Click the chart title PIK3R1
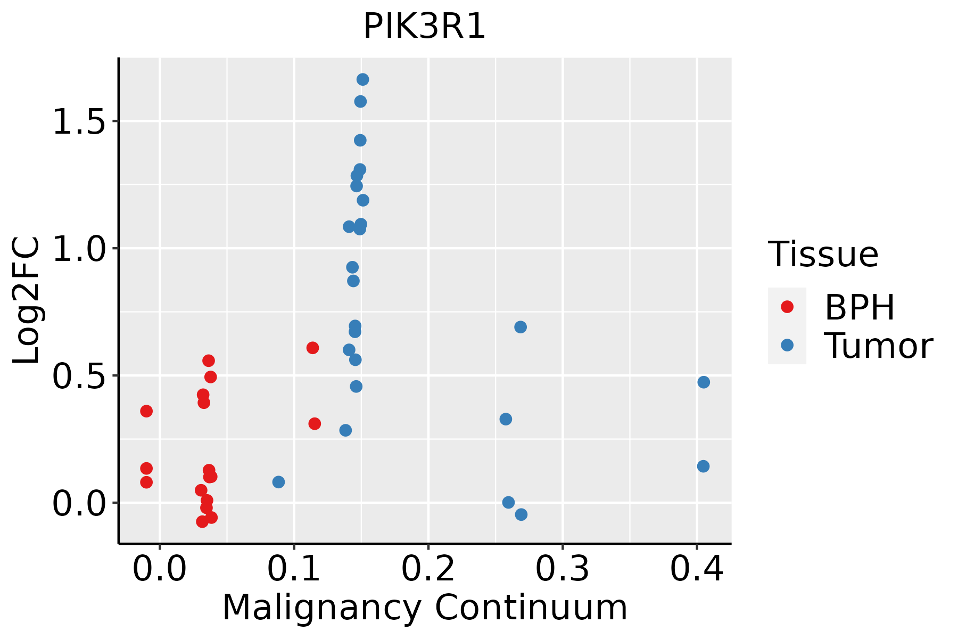424,27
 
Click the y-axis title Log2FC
27,301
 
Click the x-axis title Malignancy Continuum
424,608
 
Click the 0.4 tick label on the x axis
696,569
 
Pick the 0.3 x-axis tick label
562,569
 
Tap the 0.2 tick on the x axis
428,569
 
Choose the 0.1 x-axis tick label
294,569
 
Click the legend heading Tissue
823,255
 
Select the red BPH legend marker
787,307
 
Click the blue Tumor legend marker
787,345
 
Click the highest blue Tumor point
362,80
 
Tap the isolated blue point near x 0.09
278,482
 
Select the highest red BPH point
312,348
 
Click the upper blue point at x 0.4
704,382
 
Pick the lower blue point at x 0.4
703,466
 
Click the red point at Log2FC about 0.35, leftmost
146,411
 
